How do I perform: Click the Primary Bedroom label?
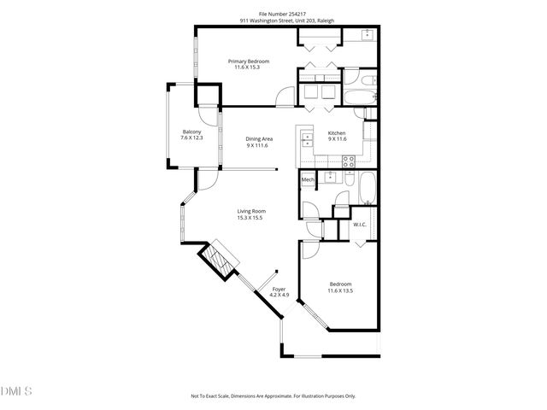click(x=249, y=61)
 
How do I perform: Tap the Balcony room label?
click(x=191, y=132)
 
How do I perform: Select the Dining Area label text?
click(x=259, y=139)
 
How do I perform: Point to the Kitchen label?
click(x=337, y=133)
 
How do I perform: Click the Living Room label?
click(x=251, y=211)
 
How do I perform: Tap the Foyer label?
click(x=279, y=290)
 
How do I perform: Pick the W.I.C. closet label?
click(x=360, y=225)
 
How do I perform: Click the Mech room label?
click(x=308, y=180)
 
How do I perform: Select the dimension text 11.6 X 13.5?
click(x=339, y=290)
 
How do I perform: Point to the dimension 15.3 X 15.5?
click(x=250, y=218)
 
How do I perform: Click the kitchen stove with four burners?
click(x=349, y=160)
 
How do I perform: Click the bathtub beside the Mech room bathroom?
click(x=368, y=188)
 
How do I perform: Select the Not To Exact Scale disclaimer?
click(x=273, y=396)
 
